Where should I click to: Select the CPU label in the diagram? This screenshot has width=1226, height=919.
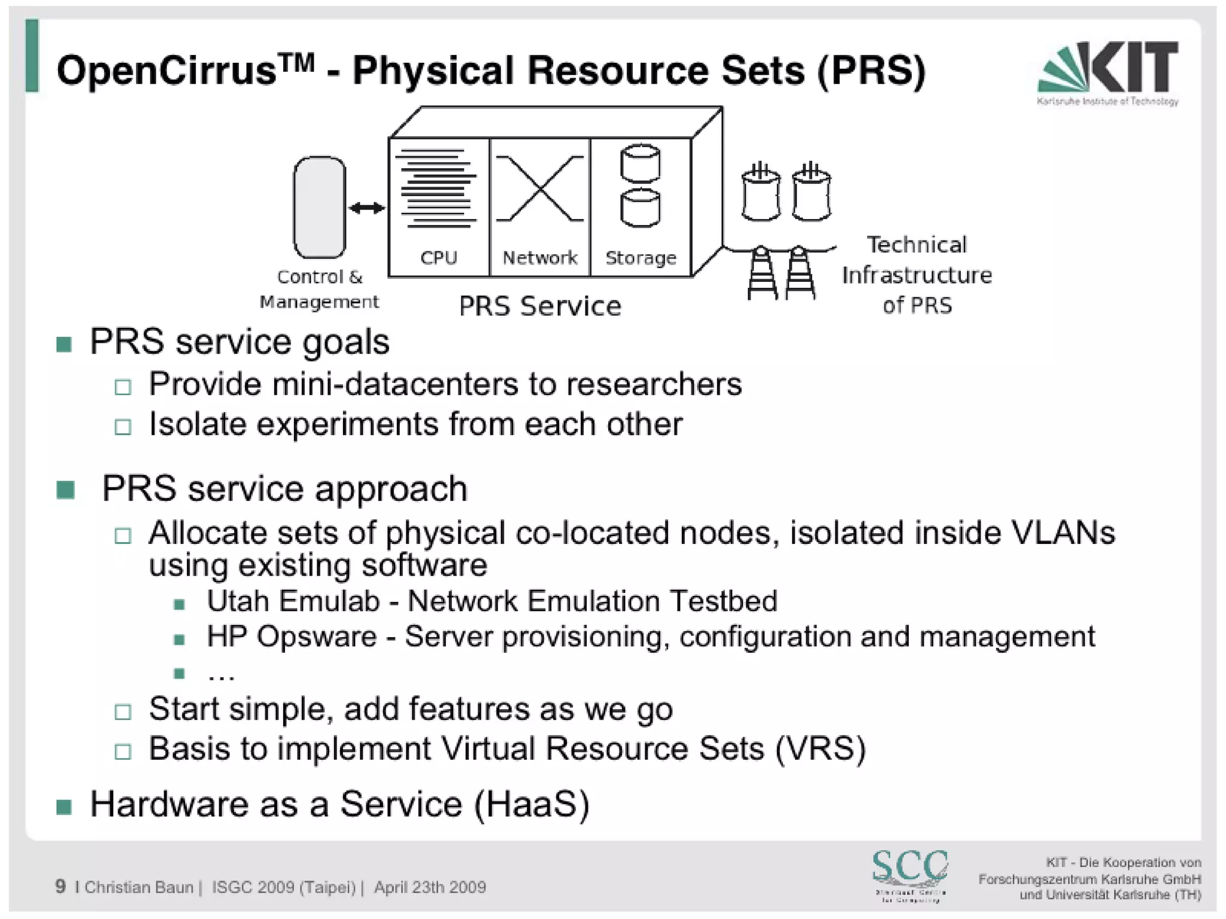[438, 258]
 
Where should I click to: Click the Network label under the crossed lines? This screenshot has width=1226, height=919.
[540, 258]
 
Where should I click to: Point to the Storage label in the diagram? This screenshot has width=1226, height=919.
[641, 258]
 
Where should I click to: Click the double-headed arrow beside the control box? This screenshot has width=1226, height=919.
[366, 208]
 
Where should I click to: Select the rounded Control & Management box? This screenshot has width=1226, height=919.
[319, 207]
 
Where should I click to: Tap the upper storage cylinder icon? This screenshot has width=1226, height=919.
[640, 163]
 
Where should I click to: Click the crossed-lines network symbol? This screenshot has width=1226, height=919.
[540, 188]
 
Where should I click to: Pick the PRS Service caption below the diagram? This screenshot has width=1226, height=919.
[540, 306]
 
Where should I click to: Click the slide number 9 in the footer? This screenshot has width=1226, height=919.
[60, 886]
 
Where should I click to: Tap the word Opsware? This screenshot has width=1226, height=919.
[317, 637]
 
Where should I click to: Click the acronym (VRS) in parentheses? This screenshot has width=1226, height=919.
[821, 748]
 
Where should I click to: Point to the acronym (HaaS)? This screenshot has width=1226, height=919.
[532, 804]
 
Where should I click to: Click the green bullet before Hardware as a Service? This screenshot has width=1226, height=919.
[64, 807]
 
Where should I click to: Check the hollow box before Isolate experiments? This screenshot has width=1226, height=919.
[123, 427]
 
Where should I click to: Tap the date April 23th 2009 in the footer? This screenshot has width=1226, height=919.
[430, 887]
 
